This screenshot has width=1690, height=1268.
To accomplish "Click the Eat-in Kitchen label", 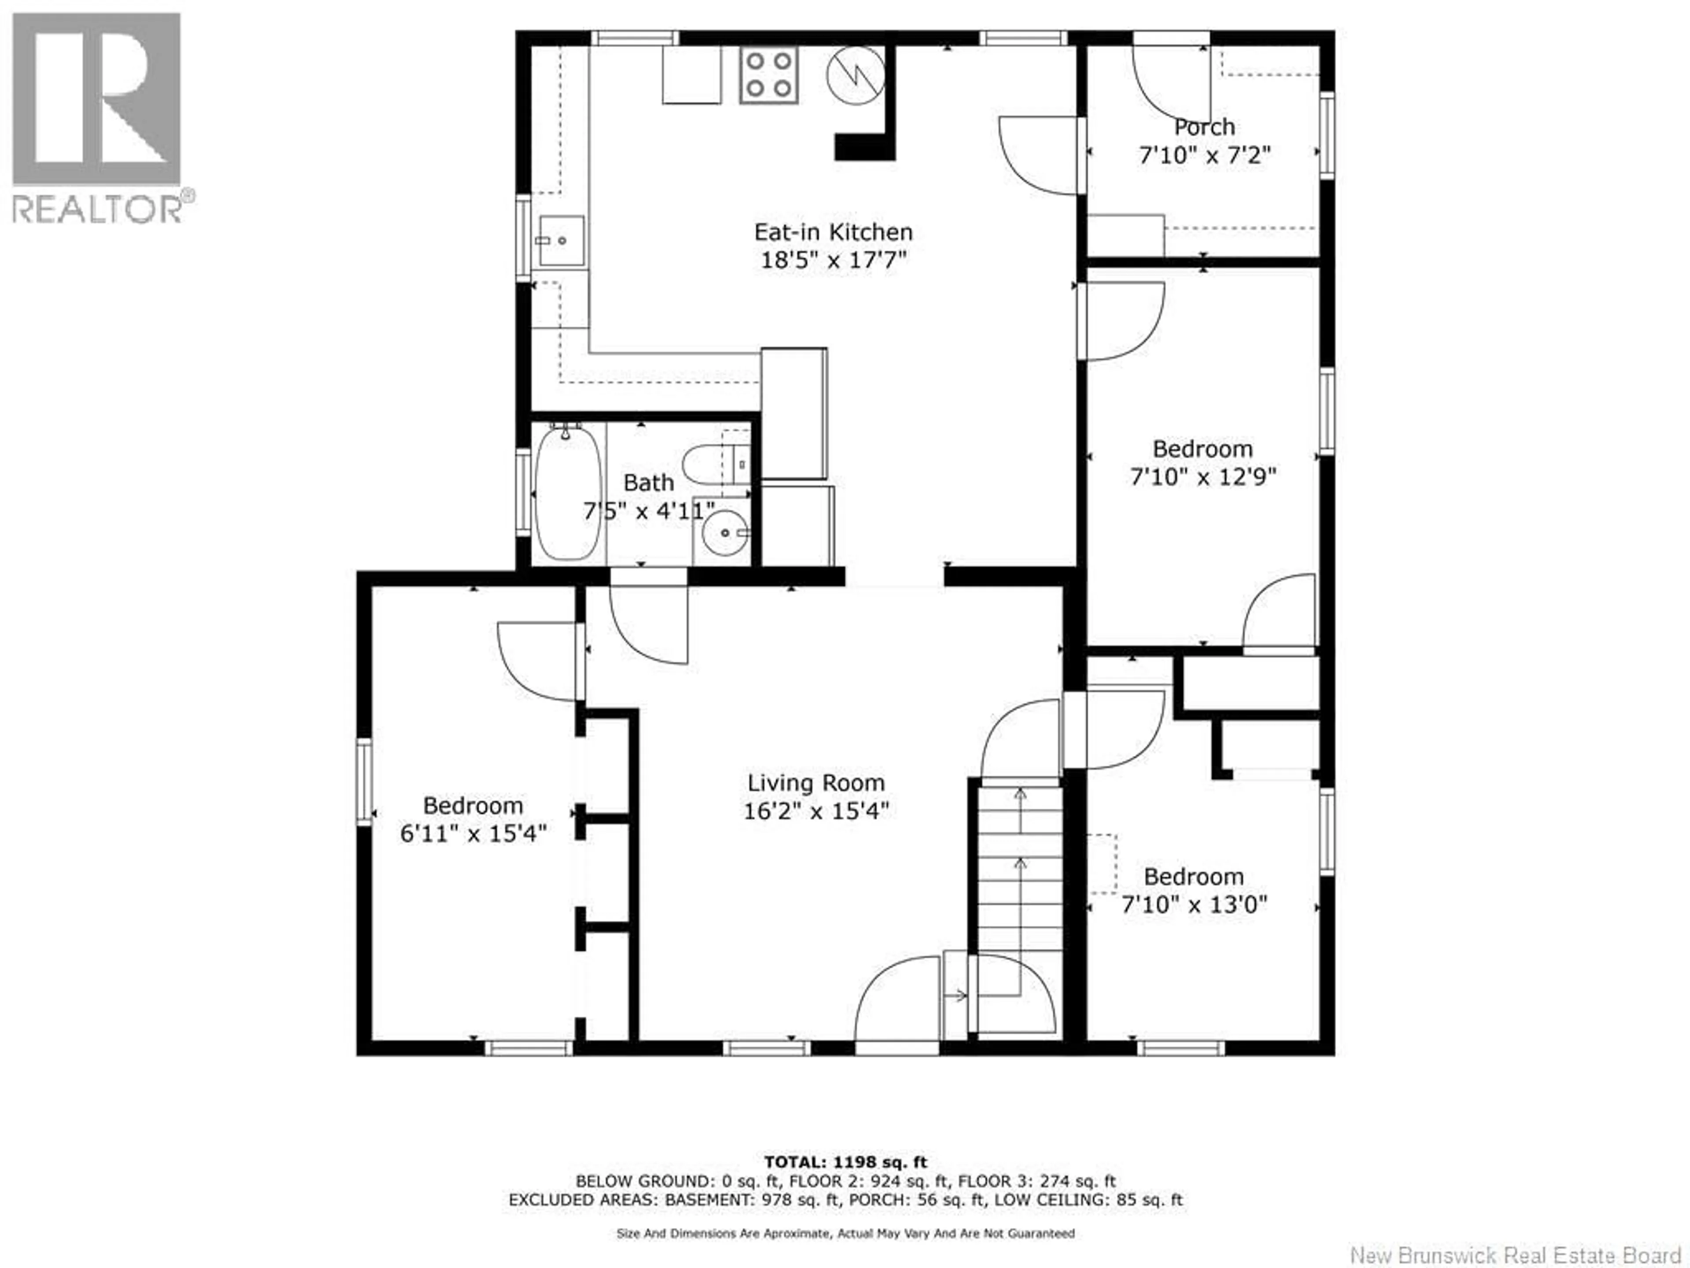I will tap(833, 232).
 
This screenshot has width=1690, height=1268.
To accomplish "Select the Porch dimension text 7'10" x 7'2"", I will tap(1204, 155).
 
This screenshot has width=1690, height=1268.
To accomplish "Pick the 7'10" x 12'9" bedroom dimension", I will tap(1202, 477).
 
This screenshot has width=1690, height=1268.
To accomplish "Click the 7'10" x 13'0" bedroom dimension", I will tap(1194, 904).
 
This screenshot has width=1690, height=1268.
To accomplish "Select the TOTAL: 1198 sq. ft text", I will tap(845, 1162).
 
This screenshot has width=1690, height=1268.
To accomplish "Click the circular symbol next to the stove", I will tap(855, 75).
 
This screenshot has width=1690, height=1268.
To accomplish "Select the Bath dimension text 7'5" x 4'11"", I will tap(649, 511).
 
